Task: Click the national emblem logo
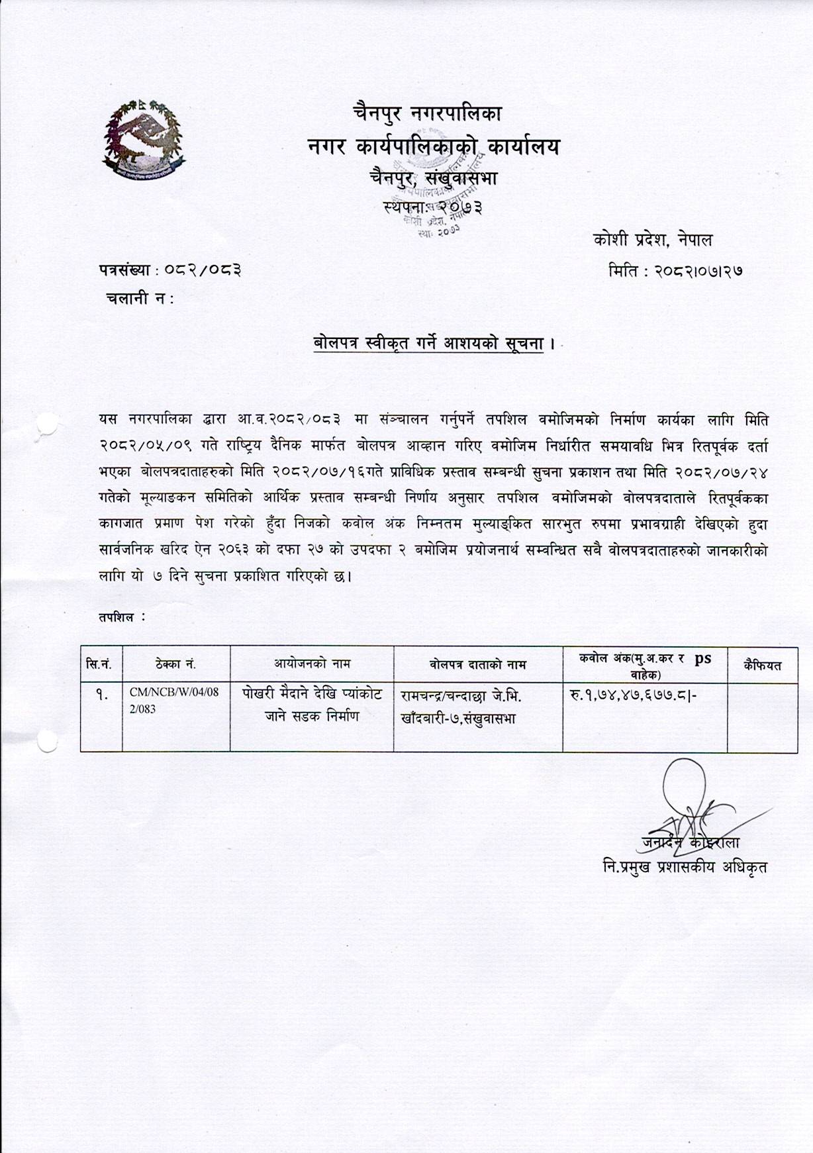(144, 137)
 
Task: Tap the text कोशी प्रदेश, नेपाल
(653, 240)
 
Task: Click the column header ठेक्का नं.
(175, 664)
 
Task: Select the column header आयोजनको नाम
(312, 663)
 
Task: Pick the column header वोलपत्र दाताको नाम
(477, 664)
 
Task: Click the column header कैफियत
(762, 664)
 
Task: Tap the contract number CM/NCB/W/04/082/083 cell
(174, 700)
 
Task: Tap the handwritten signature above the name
(692, 801)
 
